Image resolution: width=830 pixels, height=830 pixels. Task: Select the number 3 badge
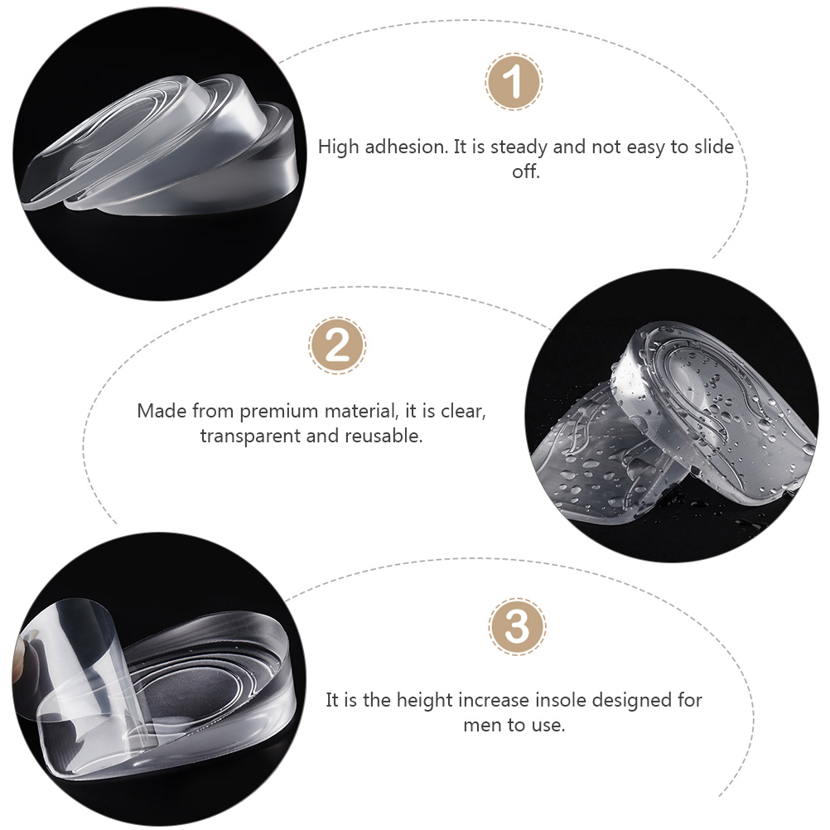pyautogui.click(x=517, y=627)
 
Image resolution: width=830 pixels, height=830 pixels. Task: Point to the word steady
pyautogui.click(x=524, y=147)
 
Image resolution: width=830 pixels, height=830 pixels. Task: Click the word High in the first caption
pyautogui.click(x=337, y=147)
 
